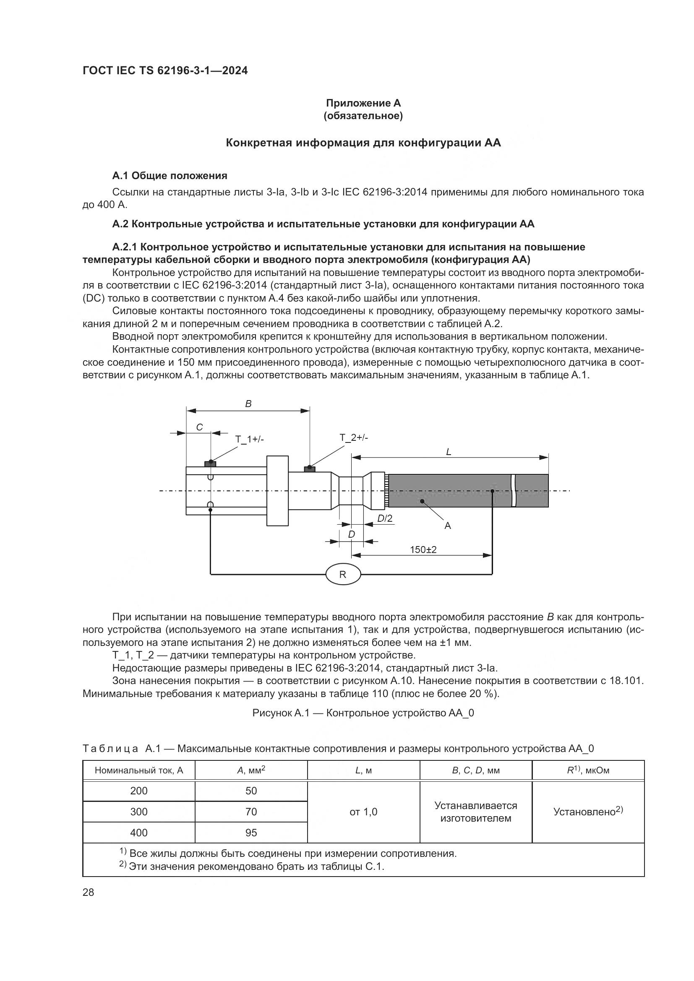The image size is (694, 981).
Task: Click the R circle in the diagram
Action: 343,575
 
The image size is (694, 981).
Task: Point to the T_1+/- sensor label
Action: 250,440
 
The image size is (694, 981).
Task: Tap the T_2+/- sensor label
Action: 354,437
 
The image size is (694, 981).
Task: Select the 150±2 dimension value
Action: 423,550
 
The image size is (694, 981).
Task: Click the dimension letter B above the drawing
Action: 248,404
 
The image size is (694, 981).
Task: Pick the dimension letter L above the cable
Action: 449,452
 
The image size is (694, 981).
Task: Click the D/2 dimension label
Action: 385,519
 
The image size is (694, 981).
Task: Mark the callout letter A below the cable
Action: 447,526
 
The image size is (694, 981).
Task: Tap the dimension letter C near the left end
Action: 199,427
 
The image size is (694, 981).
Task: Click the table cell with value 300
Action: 139,812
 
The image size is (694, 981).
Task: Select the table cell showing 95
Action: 251,833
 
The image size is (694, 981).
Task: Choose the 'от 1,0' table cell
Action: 363,812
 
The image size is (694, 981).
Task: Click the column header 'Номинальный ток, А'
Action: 139,770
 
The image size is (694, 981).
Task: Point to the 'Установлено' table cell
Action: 588,812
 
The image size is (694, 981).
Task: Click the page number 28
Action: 89,892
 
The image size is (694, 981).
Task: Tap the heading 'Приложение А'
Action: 363,103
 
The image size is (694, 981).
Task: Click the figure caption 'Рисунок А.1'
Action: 363,713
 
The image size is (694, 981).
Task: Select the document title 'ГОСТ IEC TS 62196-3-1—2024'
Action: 165,71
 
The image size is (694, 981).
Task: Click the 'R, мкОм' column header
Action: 588,770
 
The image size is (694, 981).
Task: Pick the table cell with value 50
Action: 251,791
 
